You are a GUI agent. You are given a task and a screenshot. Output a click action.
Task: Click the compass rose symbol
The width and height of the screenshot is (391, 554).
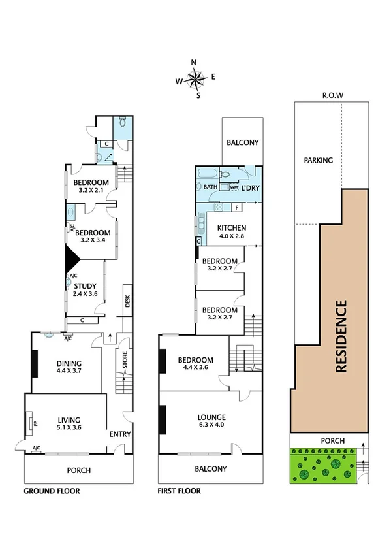pos(195,79)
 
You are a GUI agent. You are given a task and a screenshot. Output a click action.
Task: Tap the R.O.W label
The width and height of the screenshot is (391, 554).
pos(333,95)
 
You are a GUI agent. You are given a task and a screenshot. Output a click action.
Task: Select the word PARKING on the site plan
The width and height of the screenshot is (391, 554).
pos(317,160)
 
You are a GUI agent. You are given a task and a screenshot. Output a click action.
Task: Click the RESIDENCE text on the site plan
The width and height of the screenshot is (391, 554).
pos(340,336)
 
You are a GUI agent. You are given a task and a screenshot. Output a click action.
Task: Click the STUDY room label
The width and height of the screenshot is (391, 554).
pos(85,289)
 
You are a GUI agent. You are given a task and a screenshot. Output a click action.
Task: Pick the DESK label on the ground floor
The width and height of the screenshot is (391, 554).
pos(127,301)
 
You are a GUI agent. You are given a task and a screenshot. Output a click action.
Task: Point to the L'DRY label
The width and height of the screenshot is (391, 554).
pos(251,188)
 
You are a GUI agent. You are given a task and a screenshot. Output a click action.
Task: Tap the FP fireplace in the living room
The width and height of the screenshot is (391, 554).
pos(35,423)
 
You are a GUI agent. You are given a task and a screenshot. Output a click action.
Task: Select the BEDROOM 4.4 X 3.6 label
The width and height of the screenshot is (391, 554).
pos(196,364)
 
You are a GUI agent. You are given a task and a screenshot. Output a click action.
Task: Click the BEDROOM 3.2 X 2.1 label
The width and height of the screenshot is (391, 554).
pos(90,186)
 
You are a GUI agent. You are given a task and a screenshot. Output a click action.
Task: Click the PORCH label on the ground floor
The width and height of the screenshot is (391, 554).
pos(78,470)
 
